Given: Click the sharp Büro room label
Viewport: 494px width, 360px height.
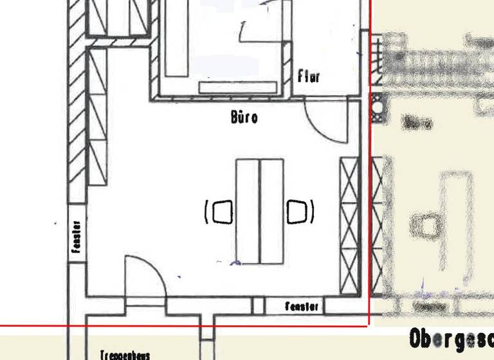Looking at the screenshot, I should coord(244,118).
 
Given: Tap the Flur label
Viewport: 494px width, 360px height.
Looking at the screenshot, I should coord(309,77).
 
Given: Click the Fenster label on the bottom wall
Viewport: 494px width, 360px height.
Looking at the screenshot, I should coord(302,307).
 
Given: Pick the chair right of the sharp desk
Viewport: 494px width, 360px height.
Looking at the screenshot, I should coord(298,212).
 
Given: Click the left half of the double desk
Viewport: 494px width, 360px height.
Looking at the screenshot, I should coord(248,212).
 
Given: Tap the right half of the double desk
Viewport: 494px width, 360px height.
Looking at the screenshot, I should coord(271,212).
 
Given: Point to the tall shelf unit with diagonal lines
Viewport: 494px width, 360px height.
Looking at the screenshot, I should coord(97,116).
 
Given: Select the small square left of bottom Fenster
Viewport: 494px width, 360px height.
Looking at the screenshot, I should coord(258,306).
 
